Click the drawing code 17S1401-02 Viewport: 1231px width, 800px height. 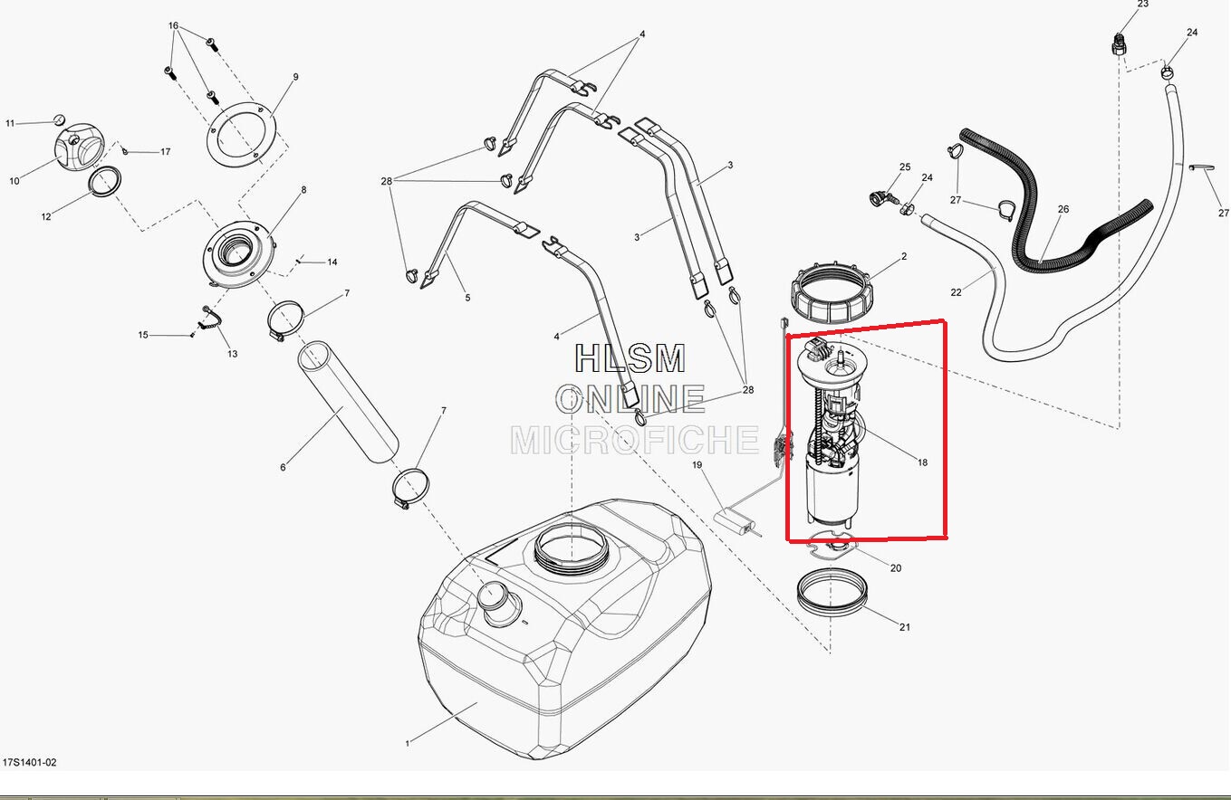coord(29,763)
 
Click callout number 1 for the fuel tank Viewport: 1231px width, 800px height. coord(408,743)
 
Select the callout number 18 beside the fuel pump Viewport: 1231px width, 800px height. coord(922,462)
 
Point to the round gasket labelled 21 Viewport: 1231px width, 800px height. coord(832,592)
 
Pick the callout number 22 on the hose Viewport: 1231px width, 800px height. coord(957,291)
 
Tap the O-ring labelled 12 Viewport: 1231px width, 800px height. coord(106,181)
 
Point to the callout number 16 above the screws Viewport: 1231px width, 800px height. coord(173,26)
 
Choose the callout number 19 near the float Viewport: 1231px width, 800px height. coord(697,465)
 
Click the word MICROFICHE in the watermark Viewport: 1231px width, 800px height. coord(634,440)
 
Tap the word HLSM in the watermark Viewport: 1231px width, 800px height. coord(630,359)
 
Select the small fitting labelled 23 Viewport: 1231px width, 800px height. coord(1120,43)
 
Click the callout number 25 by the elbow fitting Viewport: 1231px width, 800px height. coord(904,167)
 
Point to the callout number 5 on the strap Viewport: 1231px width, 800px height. coord(467,297)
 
